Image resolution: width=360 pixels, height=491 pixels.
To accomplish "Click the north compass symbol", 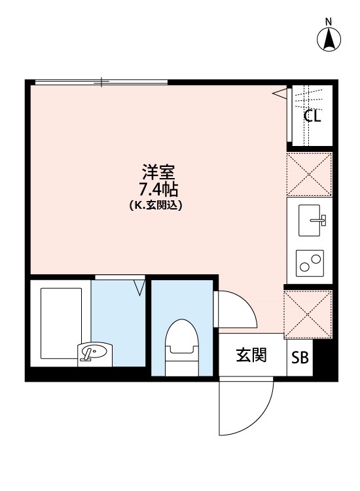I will pyautogui.click(x=329, y=41).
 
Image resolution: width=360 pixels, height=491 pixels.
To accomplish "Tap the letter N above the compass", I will pyautogui.click(x=329, y=22).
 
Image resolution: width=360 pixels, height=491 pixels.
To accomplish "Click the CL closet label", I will pyautogui.click(x=312, y=117).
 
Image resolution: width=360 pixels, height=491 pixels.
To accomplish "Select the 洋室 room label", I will pyautogui.click(x=158, y=174).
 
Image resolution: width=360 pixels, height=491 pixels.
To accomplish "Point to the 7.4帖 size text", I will pyautogui.click(x=158, y=190).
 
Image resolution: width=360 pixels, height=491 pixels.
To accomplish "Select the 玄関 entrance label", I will pyautogui.click(x=251, y=355).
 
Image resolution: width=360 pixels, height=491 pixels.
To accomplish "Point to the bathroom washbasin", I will pyautogui.click(x=93, y=353).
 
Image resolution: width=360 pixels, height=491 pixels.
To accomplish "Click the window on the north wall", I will pyautogui.click(x=101, y=82).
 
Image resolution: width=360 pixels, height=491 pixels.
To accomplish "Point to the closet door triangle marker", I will pyautogui.click(x=280, y=94).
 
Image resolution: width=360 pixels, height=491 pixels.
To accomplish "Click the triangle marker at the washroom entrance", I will pyautogui.click(x=139, y=286).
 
